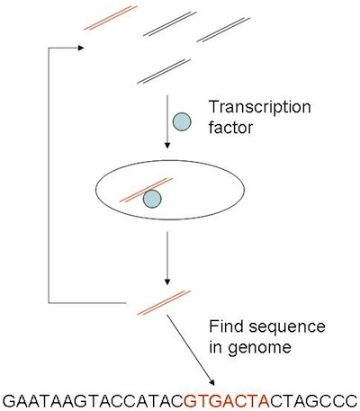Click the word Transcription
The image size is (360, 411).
pyautogui.click(x=260, y=107)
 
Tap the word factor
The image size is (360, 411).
pyautogui.click(x=230, y=128)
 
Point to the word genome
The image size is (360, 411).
pyautogui.click(x=259, y=348)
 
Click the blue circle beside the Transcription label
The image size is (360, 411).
pyautogui.click(x=182, y=121)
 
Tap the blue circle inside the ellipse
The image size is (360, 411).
pyautogui.click(x=152, y=199)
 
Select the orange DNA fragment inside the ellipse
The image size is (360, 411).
pyautogui.click(x=146, y=190)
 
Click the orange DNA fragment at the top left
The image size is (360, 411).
pyautogui.click(x=111, y=18)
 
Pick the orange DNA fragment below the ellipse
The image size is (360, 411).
pyautogui.click(x=164, y=303)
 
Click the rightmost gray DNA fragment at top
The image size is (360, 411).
pyautogui.click(x=223, y=30)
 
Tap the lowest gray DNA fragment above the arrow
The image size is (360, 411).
pyautogui.click(x=164, y=71)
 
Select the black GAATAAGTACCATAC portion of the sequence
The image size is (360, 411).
pyautogui.click(x=94, y=400)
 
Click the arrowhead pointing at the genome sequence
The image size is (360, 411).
pyautogui.click(x=211, y=383)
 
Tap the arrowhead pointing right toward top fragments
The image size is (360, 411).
pyautogui.click(x=81, y=48)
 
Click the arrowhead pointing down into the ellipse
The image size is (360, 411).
pyautogui.click(x=167, y=146)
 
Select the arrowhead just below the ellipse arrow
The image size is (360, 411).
pyautogui.click(x=167, y=282)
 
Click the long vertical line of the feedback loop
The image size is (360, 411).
pyautogui.click(x=49, y=175)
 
